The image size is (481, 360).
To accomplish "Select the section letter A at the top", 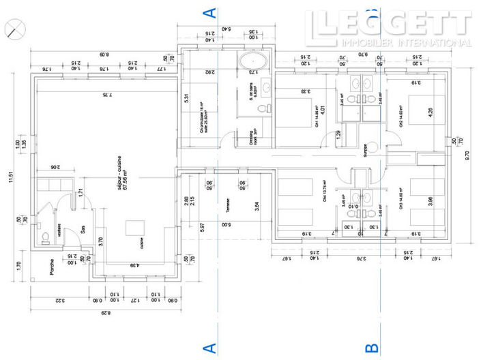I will tap(211, 12).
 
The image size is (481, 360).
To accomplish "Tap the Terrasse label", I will tap(223, 206).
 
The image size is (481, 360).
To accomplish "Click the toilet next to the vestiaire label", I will tap(45, 238).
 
